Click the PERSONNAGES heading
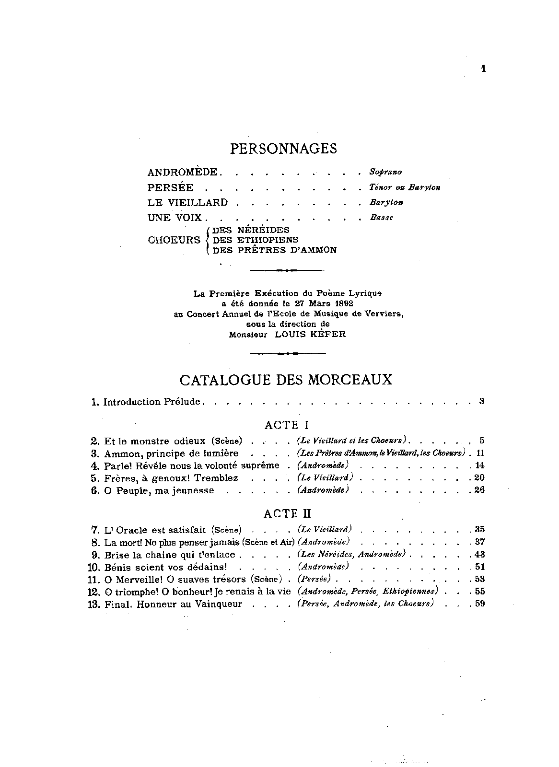point(283,149)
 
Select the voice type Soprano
point(385,172)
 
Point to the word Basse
point(381,218)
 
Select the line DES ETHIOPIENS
point(256,240)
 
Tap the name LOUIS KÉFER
point(310,335)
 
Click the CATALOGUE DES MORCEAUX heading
point(285,380)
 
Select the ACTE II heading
point(287,514)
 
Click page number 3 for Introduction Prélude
point(481,401)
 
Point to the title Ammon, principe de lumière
point(171,453)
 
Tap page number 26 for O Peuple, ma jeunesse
point(479,490)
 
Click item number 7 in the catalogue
point(94,530)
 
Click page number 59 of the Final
point(479,604)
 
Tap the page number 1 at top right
point(483,69)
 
